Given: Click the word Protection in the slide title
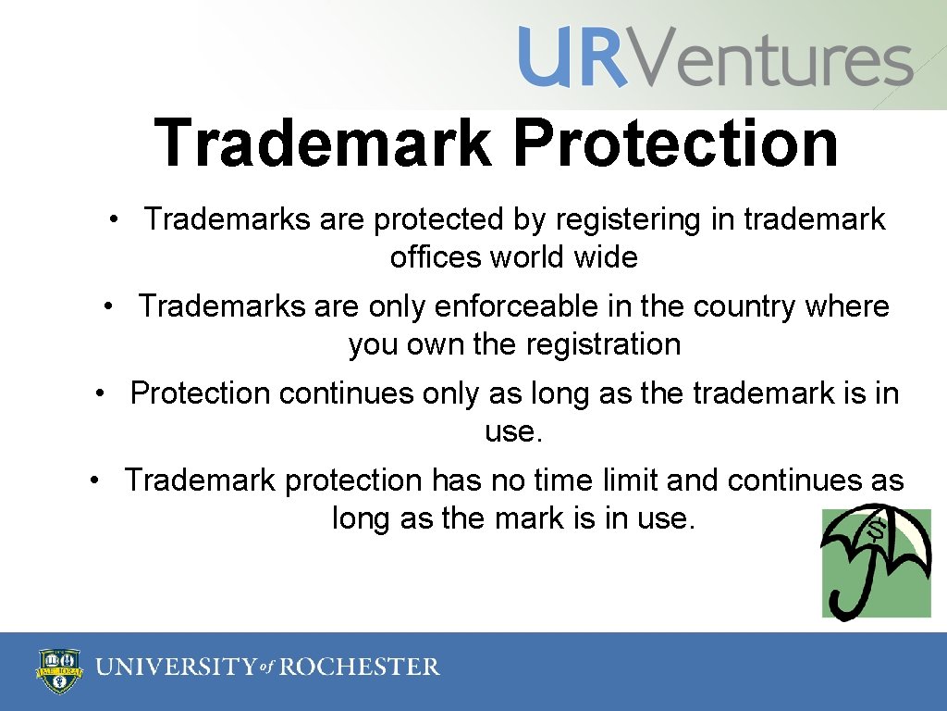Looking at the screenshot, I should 674,143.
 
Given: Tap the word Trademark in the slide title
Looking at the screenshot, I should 324,143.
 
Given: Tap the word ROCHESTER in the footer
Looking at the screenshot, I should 360,667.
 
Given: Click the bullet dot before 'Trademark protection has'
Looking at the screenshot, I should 94,480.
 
